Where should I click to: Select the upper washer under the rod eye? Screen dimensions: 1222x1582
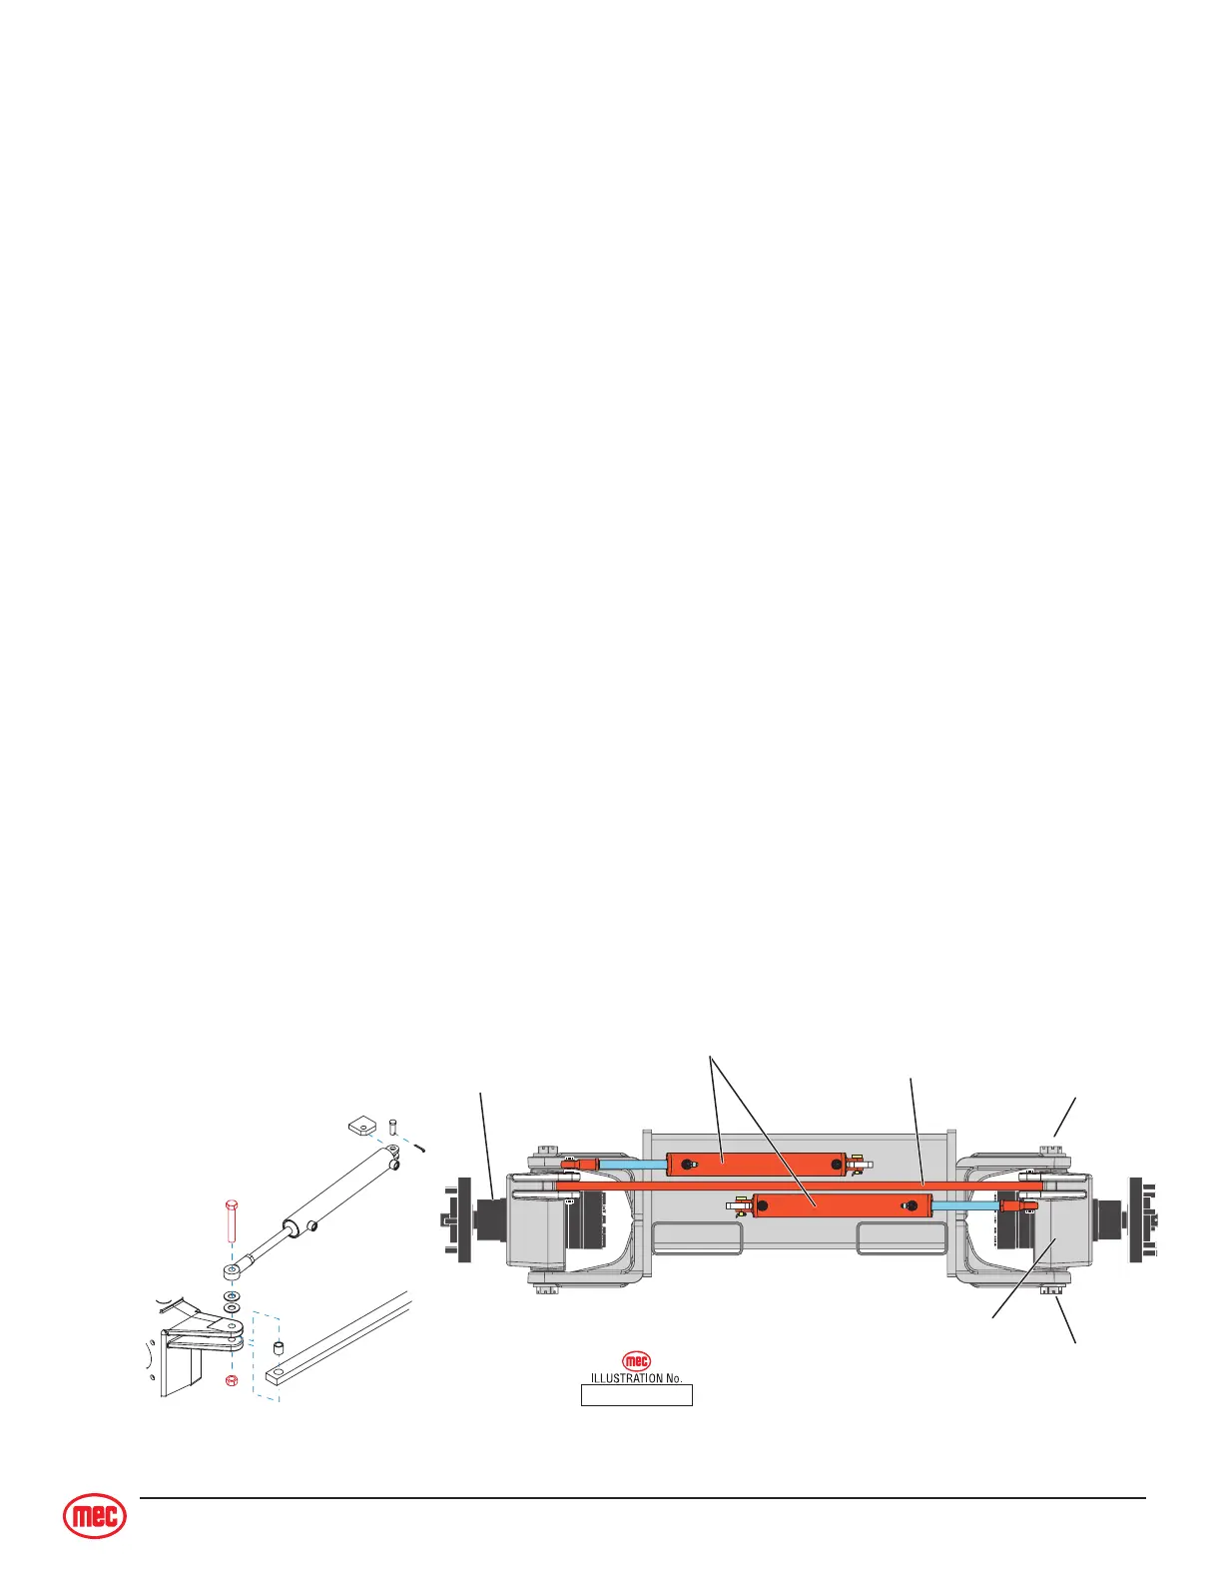click(x=232, y=597)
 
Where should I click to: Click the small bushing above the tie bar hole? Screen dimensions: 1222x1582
click(x=279, y=649)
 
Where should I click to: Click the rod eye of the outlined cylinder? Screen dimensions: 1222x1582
click(x=232, y=572)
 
